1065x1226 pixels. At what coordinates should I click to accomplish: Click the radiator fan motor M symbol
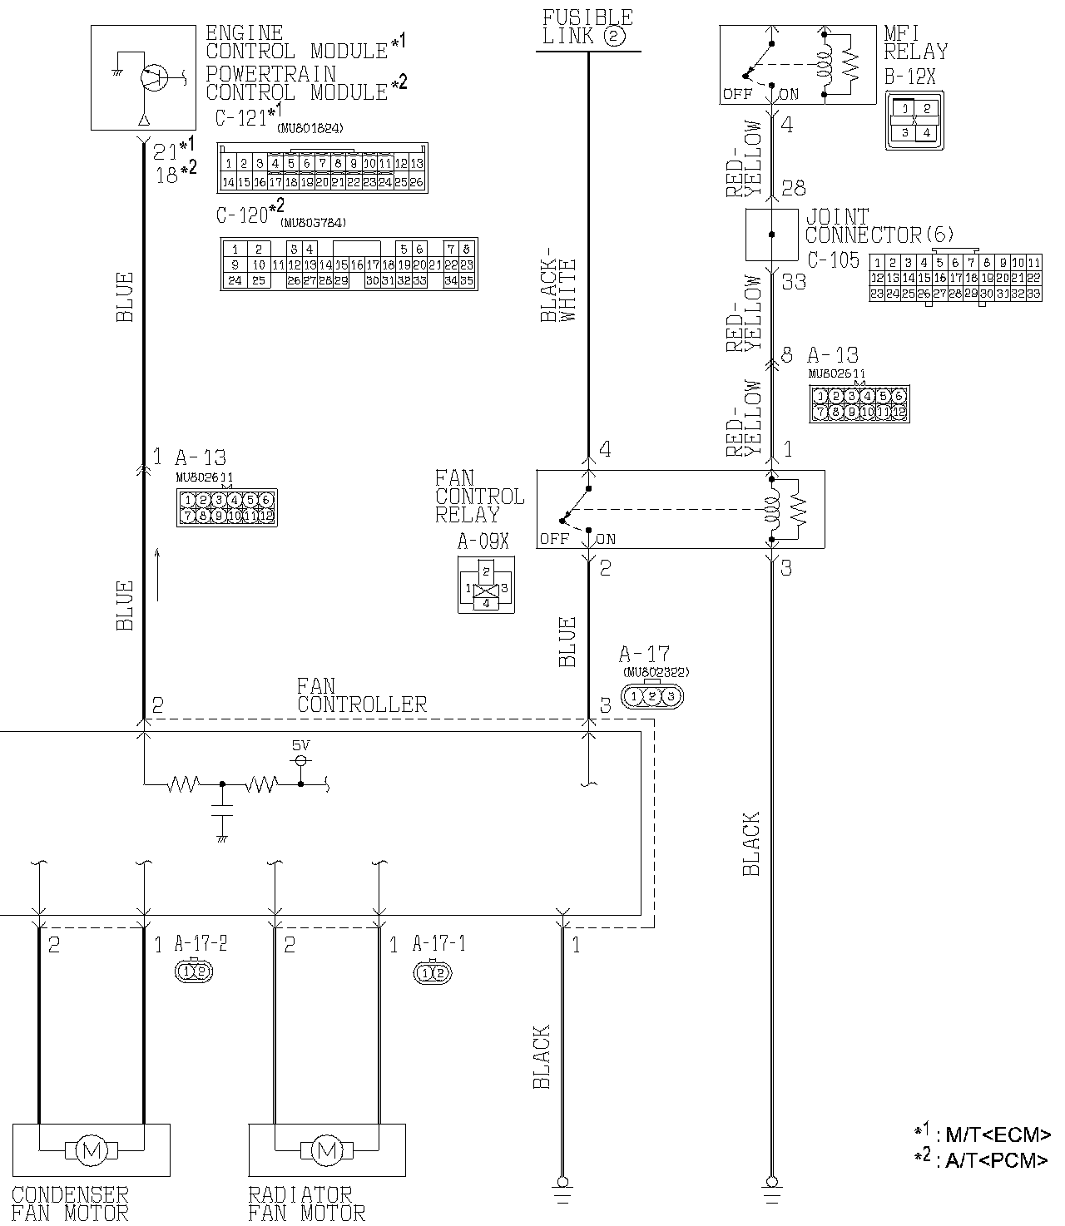pos(327,1150)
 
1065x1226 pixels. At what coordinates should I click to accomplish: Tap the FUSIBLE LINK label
pos(587,27)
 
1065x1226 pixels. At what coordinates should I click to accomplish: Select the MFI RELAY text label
pos(915,42)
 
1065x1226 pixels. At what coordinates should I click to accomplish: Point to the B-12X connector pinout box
pos(914,120)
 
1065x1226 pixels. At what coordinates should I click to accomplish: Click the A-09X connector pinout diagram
pos(486,585)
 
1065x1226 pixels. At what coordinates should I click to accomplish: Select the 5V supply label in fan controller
pos(301,745)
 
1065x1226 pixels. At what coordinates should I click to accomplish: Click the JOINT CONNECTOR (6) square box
pos(771,235)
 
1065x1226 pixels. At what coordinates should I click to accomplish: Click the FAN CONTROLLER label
pos(361,695)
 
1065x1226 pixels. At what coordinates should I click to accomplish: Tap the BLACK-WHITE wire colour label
pos(557,284)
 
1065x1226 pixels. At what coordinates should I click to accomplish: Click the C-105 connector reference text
pos(833,260)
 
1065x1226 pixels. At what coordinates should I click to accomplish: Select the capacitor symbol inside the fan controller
pos(221,810)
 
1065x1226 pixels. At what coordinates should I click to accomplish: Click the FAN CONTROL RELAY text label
pos(479,496)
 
